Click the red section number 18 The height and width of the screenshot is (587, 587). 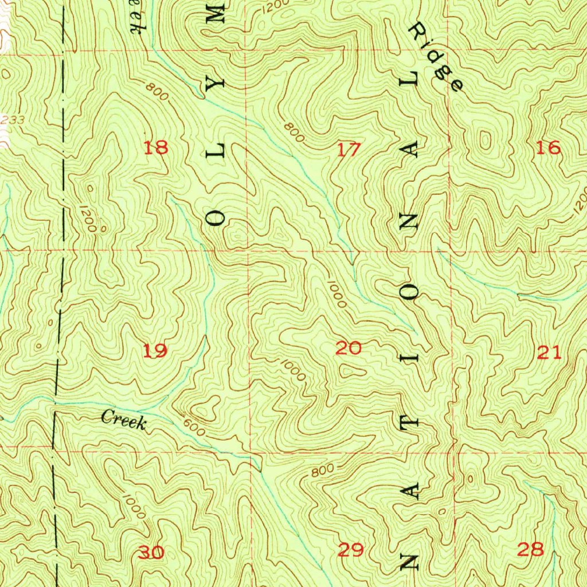[x=156, y=148]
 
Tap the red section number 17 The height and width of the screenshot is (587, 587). [x=349, y=150]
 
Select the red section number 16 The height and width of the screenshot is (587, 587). [x=547, y=148]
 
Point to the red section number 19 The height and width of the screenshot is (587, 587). [x=155, y=350]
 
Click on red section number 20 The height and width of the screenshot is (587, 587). [x=349, y=348]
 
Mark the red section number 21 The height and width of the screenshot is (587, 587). [x=549, y=353]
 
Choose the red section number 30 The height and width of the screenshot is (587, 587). [x=151, y=553]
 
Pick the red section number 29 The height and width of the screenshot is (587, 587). [x=351, y=551]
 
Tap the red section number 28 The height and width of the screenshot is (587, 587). [x=530, y=550]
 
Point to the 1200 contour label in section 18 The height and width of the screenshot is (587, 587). [x=87, y=218]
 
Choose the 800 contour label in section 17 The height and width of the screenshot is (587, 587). [x=294, y=132]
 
